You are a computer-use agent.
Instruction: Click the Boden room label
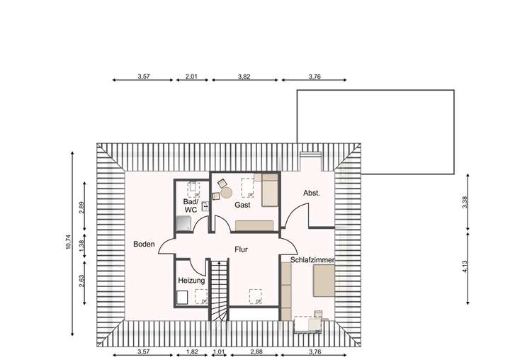[x=144, y=244]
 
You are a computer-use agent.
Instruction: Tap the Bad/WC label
[x=191, y=206]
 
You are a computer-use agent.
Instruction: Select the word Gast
[x=243, y=205]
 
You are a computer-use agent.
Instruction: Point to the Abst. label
[x=312, y=193]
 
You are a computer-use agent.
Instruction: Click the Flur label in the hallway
[x=242, y=249]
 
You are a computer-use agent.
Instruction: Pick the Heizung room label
[x=191, y=281]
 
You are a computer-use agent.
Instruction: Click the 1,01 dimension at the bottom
[x=218, y=351]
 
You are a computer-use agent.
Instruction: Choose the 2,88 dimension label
[x=247, y=351]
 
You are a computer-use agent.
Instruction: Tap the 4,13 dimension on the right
[x=465, y=266]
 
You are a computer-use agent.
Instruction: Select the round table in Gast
[x=227, y=191]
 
